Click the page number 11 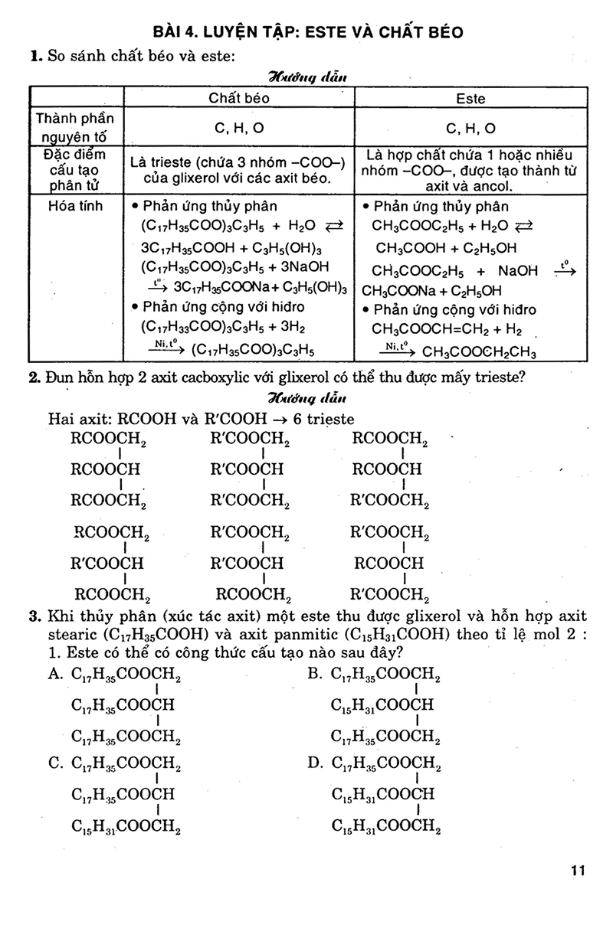(578, 870)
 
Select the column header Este (470, 99)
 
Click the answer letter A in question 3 (54, 675)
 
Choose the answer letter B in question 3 (313, 675)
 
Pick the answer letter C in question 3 (54, 763)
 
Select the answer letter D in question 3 (313, 763)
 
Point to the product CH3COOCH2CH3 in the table (479, 353)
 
